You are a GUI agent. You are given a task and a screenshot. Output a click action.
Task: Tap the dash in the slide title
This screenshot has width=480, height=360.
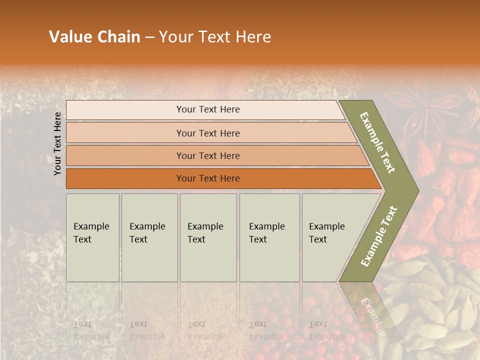149,37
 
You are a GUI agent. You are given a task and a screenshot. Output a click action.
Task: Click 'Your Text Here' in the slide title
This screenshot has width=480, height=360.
215,37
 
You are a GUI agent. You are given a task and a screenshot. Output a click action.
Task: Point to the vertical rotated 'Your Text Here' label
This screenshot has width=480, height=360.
57,144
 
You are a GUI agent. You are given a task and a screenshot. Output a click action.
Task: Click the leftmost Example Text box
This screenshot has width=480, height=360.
92,237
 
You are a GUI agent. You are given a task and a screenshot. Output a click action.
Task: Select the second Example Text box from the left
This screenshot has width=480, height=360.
149,237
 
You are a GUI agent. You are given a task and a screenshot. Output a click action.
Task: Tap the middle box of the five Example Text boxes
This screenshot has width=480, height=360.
208,237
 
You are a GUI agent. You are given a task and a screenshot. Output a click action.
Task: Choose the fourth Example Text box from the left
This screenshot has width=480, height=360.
269,237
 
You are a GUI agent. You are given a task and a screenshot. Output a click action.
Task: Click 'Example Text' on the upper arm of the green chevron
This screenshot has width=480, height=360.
377,142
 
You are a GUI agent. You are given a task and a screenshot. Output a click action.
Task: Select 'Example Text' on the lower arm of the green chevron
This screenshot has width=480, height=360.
379,236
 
